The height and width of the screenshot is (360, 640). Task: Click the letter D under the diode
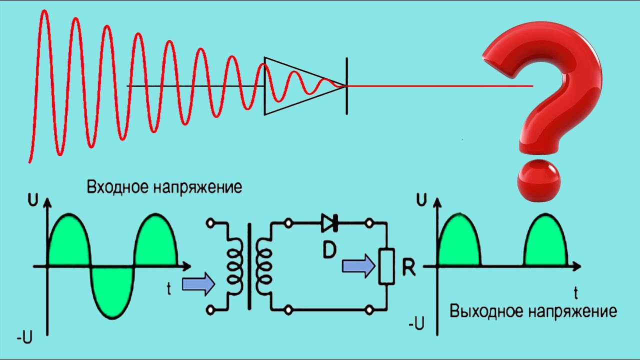pyautogui.click(x=329, y=250)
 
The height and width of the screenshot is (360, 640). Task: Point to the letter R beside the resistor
pyautogui.click(x=408, y=268)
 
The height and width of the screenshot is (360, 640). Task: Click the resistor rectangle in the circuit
pyautogui.click(x=386, y=266)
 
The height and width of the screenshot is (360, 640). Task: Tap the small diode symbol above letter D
pyautogui.click(x=329, y=223)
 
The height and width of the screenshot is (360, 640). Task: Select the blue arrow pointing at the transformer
pyautogui.click(x=198, y=284)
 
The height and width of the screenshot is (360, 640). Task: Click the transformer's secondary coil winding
pyautogui.click(x=263, y=265)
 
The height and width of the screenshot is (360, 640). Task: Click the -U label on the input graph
pyautogui.click(x=24, y=338)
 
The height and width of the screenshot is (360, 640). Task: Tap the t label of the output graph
pyautogui.click(x=576, y=291)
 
